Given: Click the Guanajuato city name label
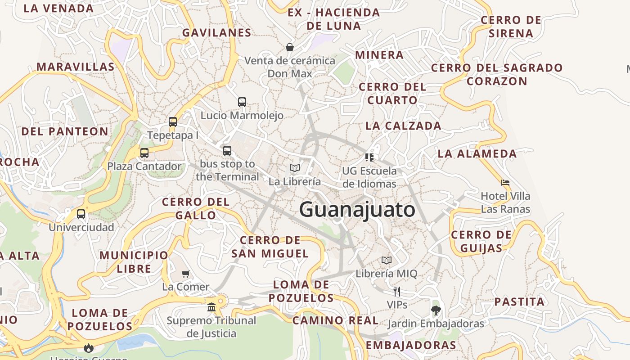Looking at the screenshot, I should (x=357, y=210).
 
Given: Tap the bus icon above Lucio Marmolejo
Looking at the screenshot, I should (x=242, y=102).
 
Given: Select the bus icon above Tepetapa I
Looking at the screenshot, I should (x=173, y=122).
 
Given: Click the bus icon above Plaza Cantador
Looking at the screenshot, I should (x=144, y=153).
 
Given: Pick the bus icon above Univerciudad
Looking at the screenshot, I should (x=81, y=214).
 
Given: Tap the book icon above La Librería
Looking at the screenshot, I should (x=295, y=168).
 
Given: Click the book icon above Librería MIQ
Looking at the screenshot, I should (x=387, y=260).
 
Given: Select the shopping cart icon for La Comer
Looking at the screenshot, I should (x=186, y=274).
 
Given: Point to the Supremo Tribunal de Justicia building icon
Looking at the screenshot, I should (x=211, y=307).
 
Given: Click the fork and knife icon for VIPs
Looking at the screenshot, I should (x=396, y=291).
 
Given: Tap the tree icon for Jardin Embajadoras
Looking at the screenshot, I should (x=436, y=310).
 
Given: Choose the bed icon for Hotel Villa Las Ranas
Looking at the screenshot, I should (x=505, y=183).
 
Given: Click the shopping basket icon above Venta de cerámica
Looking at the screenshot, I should (x=290, y=47).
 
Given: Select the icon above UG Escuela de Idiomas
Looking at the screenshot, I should (x=369, y=157).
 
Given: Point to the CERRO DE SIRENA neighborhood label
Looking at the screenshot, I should (x=511, y=27).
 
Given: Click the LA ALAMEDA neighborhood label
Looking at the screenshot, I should (x=477, y=154).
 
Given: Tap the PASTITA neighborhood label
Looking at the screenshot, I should (x=519, y=301).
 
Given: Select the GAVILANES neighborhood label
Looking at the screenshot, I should (x=217, y=33).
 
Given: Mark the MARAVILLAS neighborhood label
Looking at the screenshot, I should (x=76, y=67).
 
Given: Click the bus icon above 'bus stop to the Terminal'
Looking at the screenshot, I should (x=227, y=151).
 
